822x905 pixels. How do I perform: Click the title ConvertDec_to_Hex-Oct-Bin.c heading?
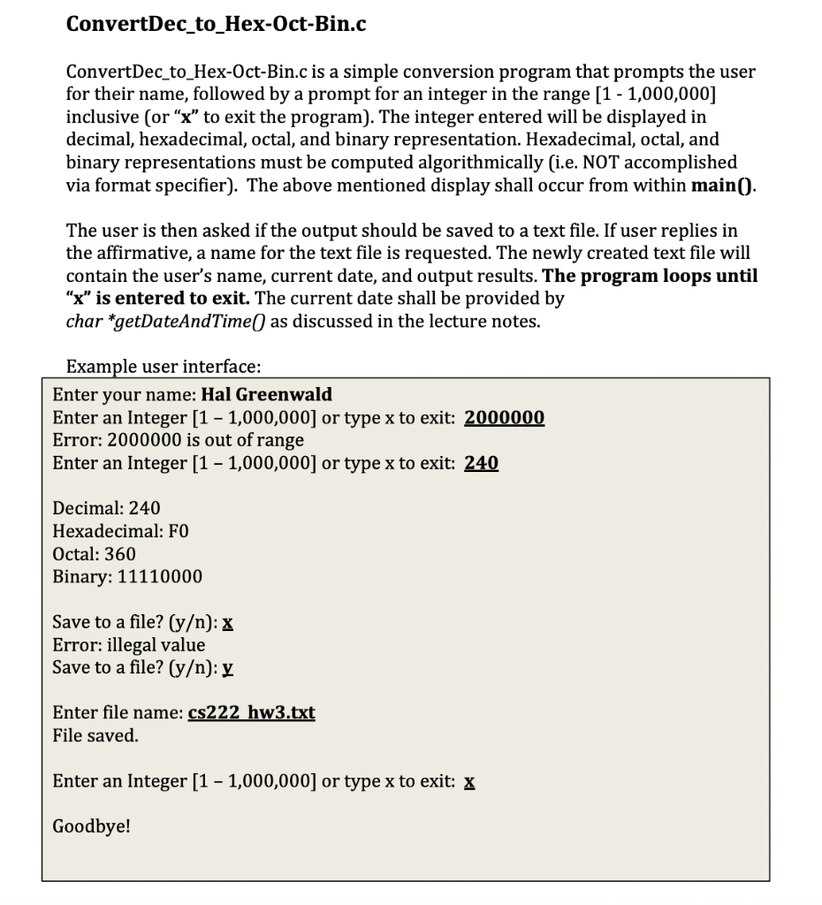[x=217, y=24]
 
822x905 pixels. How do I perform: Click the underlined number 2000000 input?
[x=504, y=417]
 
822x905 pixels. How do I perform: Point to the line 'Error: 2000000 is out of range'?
[x=178, y=440]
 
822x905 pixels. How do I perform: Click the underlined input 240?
[x=481, y=463]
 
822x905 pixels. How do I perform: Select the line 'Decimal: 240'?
[x=106, y=508]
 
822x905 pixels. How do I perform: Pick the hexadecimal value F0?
[x=177, y=531]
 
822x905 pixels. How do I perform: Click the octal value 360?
[x=119, y=554]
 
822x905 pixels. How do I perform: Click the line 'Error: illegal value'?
[x=128, y=645]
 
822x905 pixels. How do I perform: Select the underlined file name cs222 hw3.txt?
[x=252, y=713]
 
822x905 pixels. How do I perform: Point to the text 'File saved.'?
[x=95, y=735]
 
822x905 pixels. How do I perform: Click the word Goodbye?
[x=91, y=826]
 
